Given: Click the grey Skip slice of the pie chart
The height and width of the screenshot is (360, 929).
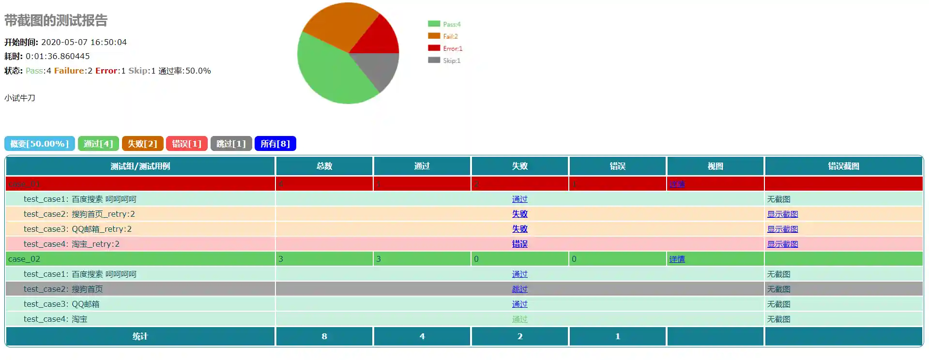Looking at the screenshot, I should pyautogui.click(x=380, y=68).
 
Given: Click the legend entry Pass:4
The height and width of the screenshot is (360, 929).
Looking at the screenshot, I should pyautogui.click(x=444, y=24).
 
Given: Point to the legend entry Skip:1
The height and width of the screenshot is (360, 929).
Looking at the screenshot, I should pyautogui.click(x=444, y=60).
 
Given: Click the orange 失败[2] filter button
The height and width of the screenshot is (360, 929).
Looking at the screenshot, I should pyautogui.click(x=142, y=144).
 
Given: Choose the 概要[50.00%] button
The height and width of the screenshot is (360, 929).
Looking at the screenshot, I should pyautogui.click(x=40, y=144).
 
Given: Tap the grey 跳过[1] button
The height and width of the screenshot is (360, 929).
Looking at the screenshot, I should pyautogui.click(x=231, y=144).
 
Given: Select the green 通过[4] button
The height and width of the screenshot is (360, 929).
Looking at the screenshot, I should pyautogui.click(x=98, y=144).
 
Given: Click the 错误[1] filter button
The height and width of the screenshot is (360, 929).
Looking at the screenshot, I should pyautogui.click(x=186, y=144).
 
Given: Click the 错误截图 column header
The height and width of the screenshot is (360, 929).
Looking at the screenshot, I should pyautogui.click(x=843, y=166).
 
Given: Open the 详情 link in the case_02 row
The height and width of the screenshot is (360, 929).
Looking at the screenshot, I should pyautogui.click(x=677, y=259).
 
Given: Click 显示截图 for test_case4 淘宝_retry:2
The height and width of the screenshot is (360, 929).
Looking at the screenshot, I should pyautogui.click(x=782, y=244).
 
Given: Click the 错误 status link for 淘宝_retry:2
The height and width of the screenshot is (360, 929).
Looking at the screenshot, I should pyautogui.click(x=519, y=244).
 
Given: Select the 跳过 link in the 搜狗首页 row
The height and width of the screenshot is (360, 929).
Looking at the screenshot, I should pyautogui.click(x=519, y=289).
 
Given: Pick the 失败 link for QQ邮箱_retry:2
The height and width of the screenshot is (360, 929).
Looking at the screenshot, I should pyautogui.click(x=519, y=229).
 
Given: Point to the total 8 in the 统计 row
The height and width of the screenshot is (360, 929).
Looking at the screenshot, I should pyautogui.click(x=324, y=336).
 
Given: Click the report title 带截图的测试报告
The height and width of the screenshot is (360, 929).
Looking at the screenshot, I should pyautogui.click(x=56, y=20).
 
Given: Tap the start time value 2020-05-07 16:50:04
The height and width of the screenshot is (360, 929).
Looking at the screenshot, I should pyautogui.click(x=84, y=42).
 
